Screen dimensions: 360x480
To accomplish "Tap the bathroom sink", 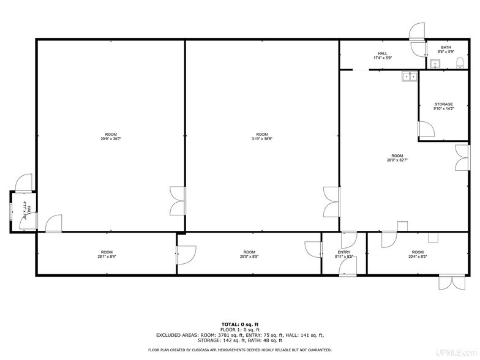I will [435, 64].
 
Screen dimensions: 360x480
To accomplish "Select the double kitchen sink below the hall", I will [409, 76].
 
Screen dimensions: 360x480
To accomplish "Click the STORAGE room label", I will [443, 104].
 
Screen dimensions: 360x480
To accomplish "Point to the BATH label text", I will [446, 48].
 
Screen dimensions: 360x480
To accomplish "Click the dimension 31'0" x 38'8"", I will [262, 139].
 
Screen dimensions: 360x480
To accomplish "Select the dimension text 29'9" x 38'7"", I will [111, 139].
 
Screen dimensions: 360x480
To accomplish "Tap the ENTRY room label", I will [344, 252].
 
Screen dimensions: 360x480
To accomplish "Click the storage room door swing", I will [426, 129].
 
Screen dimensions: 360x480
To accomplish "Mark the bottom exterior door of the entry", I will [348, 267].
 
